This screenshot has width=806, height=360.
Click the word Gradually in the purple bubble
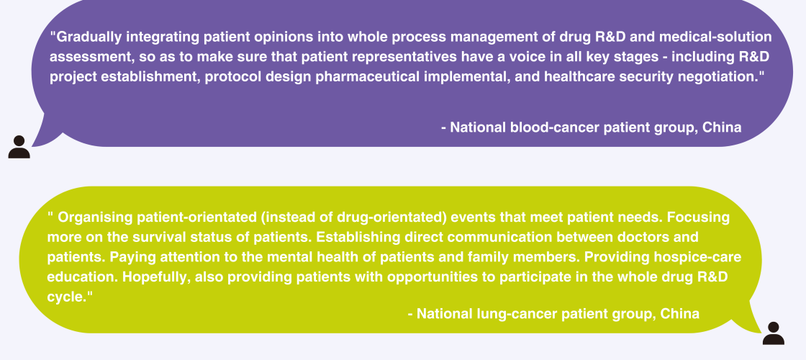click(x=88, y=37)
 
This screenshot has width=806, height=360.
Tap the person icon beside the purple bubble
click(x=19, y=147)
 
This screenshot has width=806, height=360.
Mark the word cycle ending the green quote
click(x=64, y=297)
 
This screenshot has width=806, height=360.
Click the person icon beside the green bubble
click(x=774, y=333)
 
